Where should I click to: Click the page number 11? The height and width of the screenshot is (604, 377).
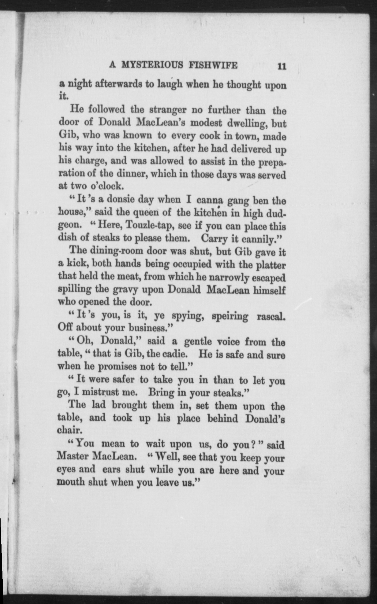281,66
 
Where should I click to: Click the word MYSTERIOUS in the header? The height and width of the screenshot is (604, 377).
152,65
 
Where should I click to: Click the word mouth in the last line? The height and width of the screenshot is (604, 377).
71,483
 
